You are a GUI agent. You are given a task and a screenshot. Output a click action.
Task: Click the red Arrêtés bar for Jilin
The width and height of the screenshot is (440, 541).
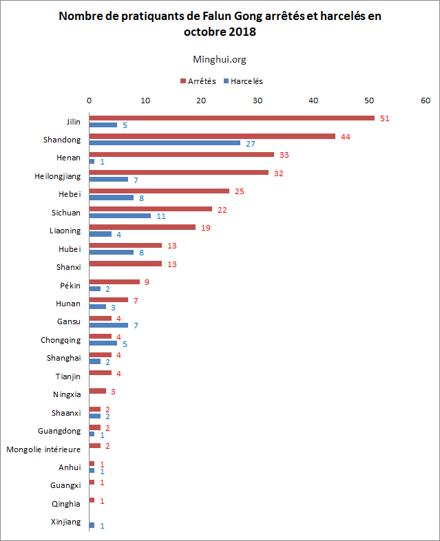231,118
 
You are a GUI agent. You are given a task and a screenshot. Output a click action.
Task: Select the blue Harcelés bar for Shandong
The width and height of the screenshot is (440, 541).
165,143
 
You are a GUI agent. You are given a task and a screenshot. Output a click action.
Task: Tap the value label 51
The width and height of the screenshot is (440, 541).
385,118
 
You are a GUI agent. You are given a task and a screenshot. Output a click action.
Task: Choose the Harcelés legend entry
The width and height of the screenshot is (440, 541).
247,81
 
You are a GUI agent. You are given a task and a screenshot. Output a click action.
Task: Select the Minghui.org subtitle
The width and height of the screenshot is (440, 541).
220,59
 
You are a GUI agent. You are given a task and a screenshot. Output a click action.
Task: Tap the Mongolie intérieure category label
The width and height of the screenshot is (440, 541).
43,449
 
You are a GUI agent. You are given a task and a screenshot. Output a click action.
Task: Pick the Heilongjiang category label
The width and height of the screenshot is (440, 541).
58,176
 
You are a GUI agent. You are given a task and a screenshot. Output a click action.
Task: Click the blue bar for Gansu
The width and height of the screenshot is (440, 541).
109,325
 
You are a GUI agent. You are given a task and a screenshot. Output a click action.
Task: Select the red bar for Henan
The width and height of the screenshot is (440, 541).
181,154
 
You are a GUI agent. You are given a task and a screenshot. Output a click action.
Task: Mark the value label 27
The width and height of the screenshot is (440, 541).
252,143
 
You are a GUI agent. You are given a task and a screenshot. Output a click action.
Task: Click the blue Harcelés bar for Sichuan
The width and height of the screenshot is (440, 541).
120,215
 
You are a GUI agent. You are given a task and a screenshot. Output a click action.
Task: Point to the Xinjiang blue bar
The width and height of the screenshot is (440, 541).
92,525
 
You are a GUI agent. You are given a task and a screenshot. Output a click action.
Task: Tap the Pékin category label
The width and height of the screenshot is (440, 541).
70,285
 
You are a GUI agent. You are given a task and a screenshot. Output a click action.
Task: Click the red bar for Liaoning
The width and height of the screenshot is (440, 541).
142,227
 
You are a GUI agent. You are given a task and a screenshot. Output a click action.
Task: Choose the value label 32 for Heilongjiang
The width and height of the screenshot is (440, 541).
278,173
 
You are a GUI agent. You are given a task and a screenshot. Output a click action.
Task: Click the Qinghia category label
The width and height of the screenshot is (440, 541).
66,504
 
